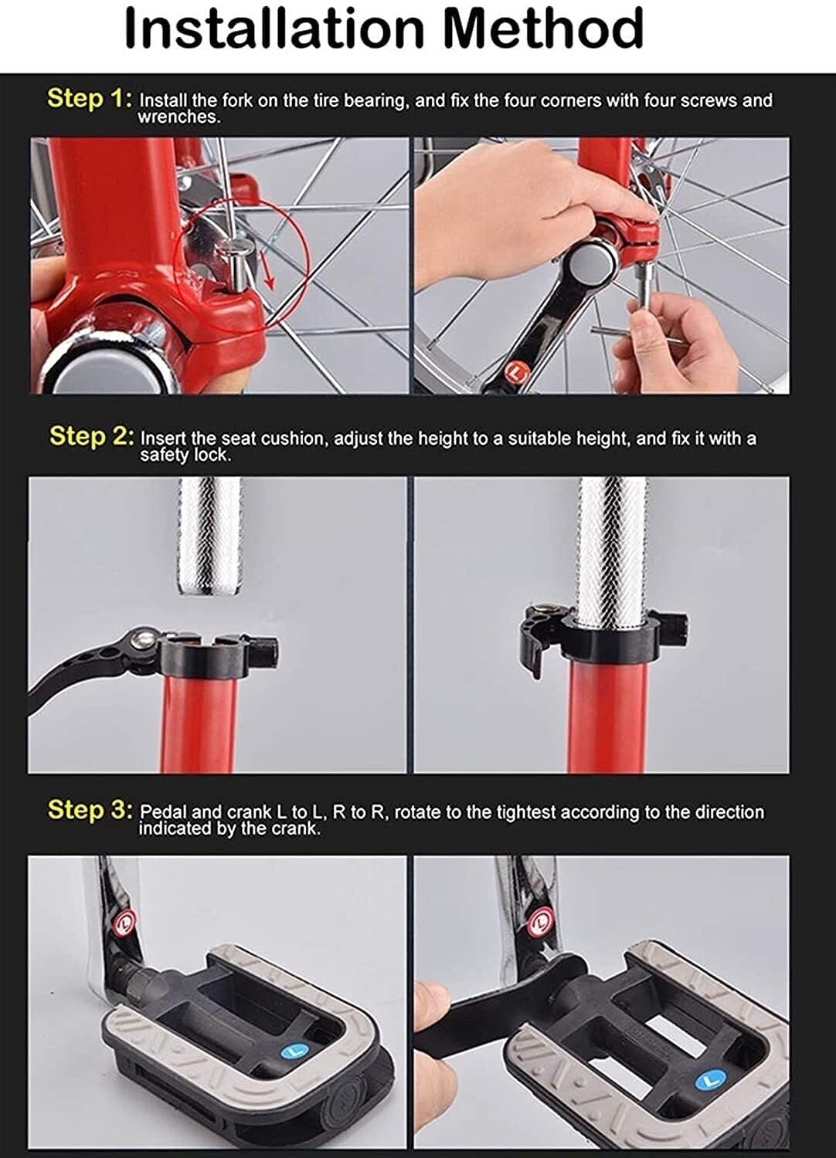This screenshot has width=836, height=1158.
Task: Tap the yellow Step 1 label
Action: [90, 98]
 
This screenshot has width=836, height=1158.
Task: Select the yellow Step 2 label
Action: [92, 436]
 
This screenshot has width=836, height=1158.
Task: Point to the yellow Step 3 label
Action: [90, 810]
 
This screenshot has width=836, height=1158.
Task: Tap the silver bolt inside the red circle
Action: [236, 264]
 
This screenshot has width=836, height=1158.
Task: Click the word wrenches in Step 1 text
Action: [178, 117]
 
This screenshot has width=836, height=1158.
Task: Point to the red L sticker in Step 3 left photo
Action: [125, 922]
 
